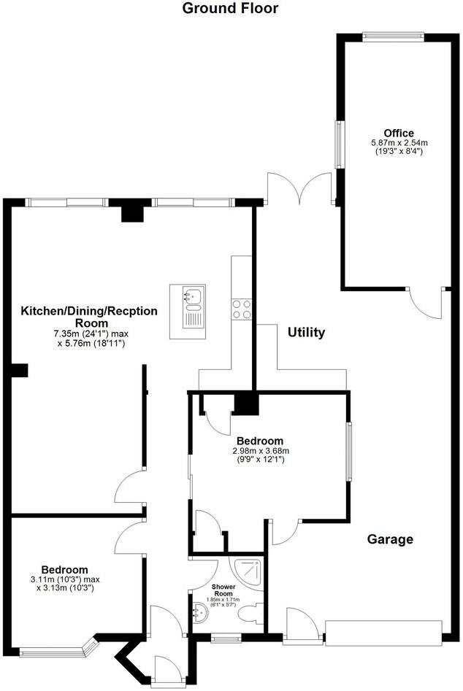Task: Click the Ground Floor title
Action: coord(230,9)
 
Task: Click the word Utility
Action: coord(306,333)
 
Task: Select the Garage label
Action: coord(390,540)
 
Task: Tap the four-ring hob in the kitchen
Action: coord(242,309)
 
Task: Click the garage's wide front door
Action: coord(383,632)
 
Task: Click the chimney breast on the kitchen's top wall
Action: coord(131,211)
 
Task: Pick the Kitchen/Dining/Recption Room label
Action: coord(88,317)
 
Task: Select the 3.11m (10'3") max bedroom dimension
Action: coord(64,580)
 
